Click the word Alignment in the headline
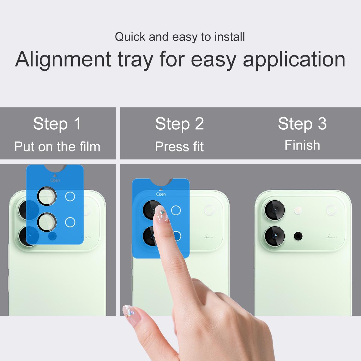[x=63, y=60]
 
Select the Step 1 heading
[x=57, y=124]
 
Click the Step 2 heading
[x=180, y=124]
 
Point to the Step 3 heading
[x=302, y=124]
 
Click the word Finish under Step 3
[x=302, y=145]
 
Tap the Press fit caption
[x=179, y=147]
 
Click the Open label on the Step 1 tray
[x=55, y=180]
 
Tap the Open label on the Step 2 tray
[x=161, y=194]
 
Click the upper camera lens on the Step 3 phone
[x=274, y=210]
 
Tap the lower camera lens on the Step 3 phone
[x=274, y=236]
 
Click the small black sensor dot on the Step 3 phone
[x=298, y=236]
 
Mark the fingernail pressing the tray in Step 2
[x=161, y=214]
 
